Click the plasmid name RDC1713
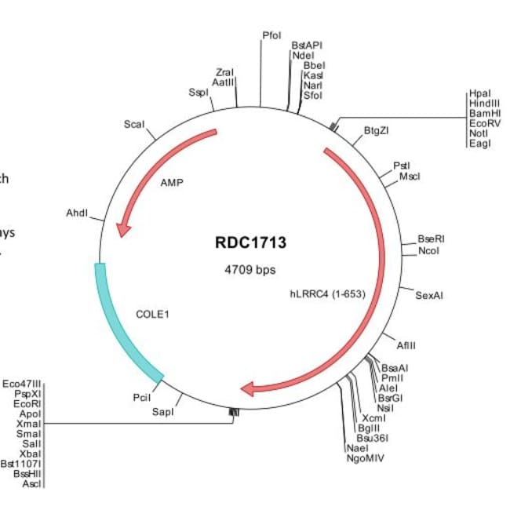251,242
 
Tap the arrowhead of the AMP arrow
122,229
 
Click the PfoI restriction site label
271,35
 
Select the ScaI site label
134,125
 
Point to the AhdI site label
77,213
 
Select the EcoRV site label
483,123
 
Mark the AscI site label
32,484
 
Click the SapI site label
162,410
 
